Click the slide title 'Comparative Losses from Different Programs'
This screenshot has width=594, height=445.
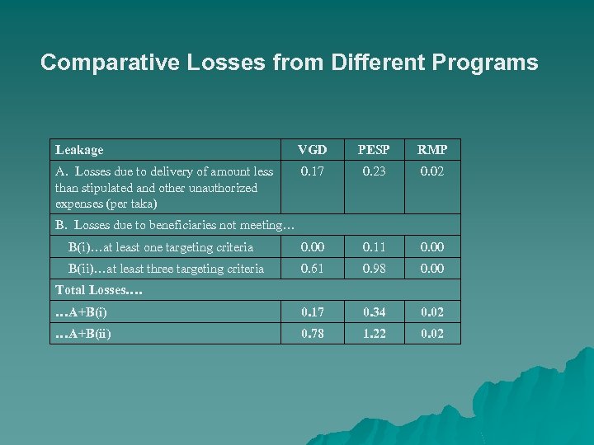(289, 63)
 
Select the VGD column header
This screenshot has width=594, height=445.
(312, 150)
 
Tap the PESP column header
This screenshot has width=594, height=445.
(372, 150)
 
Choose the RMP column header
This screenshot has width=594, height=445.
(431, 150)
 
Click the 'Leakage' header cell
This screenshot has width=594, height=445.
(79, 150)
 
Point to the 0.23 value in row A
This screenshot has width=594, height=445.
(372, 171)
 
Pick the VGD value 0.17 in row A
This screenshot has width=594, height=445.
(312, 171)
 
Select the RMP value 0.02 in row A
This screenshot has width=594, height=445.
(431, 171)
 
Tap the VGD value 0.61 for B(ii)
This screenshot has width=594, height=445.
(312, 268)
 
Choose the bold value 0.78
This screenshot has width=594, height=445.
(312, 333)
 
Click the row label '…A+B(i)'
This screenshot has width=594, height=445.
(81, 311)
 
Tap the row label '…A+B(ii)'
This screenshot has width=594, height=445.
(83, 333)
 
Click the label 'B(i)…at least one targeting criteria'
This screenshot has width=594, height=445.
(161, 246)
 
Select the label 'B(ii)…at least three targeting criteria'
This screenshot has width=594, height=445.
(166, 268)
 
